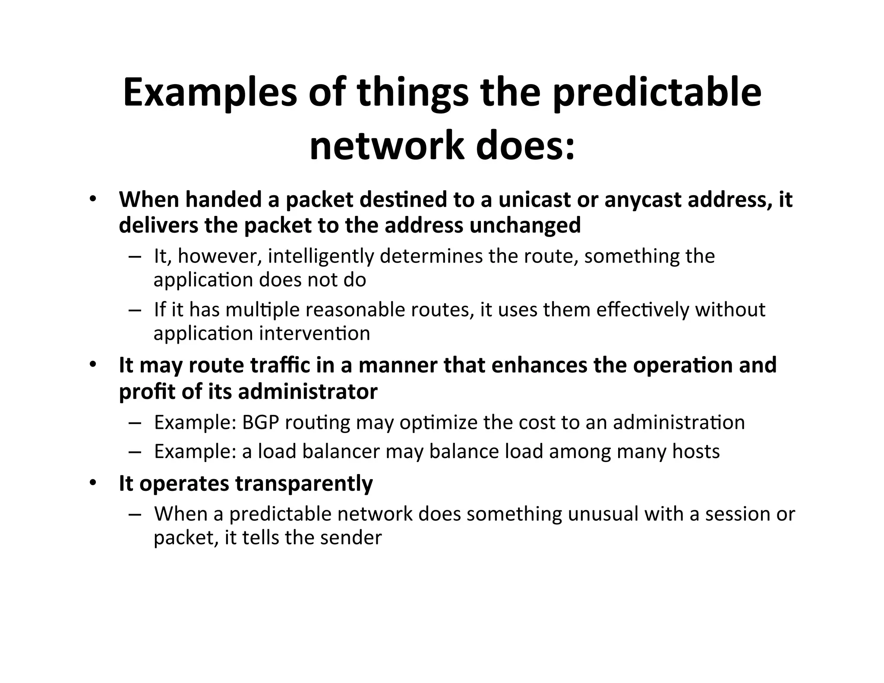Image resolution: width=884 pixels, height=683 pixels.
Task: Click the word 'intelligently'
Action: pos(321,256)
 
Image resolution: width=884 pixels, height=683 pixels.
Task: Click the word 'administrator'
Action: pos(308,392)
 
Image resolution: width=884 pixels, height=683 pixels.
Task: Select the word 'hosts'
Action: pos(696,452)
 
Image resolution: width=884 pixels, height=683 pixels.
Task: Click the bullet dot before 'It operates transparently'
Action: pos(92,483)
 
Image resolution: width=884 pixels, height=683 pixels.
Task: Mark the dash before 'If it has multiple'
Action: pos(135,310)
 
